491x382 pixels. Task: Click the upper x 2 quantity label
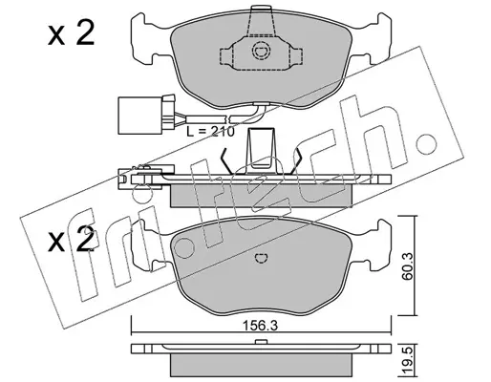pos(71,34)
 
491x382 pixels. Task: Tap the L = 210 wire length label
pos(210,131)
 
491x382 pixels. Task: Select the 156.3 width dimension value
pos(261,326)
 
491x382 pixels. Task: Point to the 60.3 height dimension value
pos(407,266)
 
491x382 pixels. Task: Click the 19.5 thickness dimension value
pos(408,361)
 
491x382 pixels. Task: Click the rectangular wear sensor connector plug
pos(130,116)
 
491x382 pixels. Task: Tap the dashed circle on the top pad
pos(261,51)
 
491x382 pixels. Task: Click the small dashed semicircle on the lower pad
pos(262,258)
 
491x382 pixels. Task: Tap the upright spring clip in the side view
pos(261,150)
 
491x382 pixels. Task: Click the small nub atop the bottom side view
pos(261,342)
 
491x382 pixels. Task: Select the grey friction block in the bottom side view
pos(261,364)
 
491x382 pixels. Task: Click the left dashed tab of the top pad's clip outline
pos(226,56)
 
